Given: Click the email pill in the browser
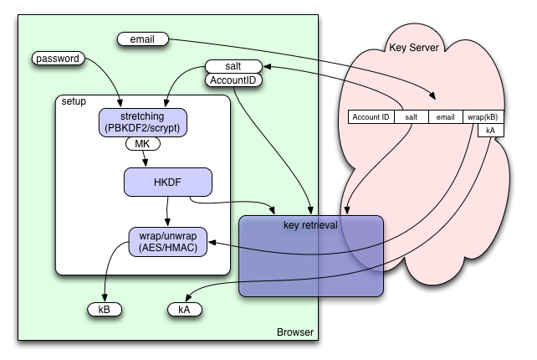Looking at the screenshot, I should tap(143, 38).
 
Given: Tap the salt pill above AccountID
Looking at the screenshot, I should tap(233, 66).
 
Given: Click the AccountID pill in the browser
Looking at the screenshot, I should tap(233, 80).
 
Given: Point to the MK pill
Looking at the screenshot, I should tap(143, 144).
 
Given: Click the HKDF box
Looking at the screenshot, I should tap(167, 181).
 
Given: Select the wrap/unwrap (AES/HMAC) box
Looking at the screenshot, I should tap(166, 240).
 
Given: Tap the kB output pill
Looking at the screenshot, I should tap(105, 309).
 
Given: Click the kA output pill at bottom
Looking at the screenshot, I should tap(185, 309).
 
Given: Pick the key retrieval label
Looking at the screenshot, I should tap(310, 225).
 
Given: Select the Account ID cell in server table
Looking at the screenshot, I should tap(370, 117).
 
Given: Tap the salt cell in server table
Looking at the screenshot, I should tap(411, 117).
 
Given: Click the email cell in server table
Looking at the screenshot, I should tap(445, 117).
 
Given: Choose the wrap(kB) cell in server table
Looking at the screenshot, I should tap(483, 117).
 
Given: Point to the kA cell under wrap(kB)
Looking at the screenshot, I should tap(489, 131).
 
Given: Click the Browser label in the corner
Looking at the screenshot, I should tap(294, 333).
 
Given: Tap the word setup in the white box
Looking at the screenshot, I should tap(74, 101).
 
